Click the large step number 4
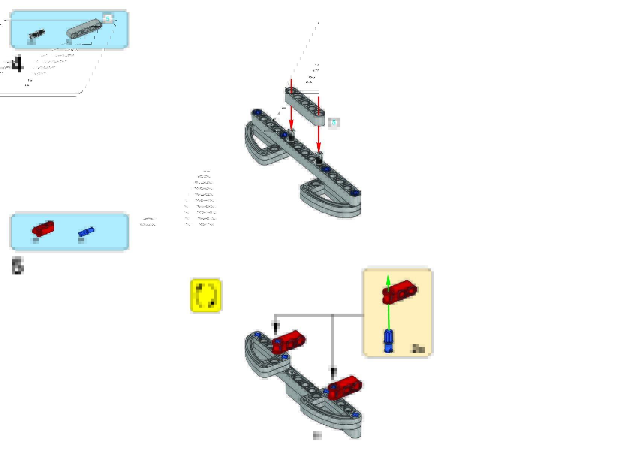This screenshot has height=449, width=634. point(18,64)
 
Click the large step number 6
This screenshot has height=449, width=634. point(18,265)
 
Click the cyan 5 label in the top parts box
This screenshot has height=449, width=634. point(108,19)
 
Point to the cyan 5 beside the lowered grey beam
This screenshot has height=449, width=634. point(334,123)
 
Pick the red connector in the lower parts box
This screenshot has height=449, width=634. point(43,228)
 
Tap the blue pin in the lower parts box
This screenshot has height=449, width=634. point(86,232)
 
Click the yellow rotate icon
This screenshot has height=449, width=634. point(205,296)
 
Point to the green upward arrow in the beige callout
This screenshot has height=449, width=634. point(388,302)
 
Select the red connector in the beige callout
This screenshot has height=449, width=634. point(400,291)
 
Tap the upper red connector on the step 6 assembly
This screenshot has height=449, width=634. point(288,341)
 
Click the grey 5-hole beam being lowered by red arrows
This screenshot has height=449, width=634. point(305,106)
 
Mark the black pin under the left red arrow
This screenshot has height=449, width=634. point(291,135)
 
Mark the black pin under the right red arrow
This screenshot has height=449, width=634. point(319,157)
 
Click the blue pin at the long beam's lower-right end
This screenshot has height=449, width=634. point(355,193)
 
